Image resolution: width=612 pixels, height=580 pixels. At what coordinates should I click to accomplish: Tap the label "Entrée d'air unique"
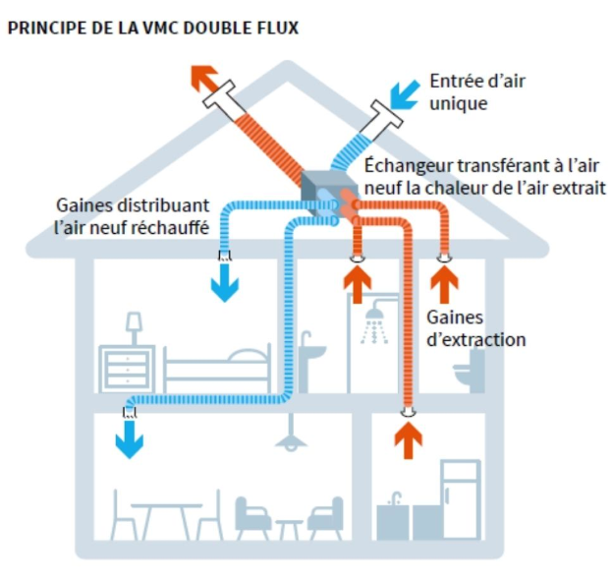coord(477,91)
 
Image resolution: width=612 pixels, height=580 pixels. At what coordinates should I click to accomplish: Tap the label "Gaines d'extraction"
coord(476,328)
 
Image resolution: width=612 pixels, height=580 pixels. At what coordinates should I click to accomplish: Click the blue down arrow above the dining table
coord(128,437)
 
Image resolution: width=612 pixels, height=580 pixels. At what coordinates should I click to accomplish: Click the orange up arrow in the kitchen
coord(405,437)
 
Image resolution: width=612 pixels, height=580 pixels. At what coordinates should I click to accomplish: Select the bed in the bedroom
coord(216,369)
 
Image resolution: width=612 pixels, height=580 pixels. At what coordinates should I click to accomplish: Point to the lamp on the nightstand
coord(134,325)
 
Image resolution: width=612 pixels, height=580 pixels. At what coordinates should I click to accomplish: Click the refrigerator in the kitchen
coord(461,500)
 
